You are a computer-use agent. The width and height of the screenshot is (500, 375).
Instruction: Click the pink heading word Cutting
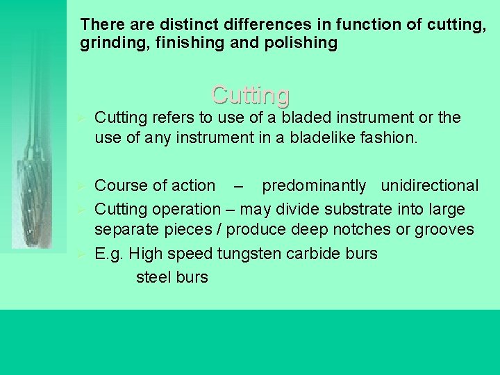tap(251, 94)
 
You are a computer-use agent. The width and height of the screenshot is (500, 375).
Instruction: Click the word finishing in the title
tap(178, 44)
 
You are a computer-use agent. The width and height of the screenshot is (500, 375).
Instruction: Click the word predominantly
tap(313, 186)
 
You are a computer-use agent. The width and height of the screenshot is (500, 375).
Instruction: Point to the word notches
tap(367, 229)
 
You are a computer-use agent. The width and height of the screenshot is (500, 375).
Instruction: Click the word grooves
tap(446, 229)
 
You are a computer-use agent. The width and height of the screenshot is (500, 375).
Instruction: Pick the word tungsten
tap(248, 254)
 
